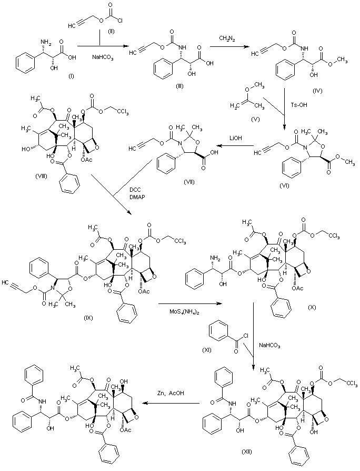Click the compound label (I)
click(x=71, y=76)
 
